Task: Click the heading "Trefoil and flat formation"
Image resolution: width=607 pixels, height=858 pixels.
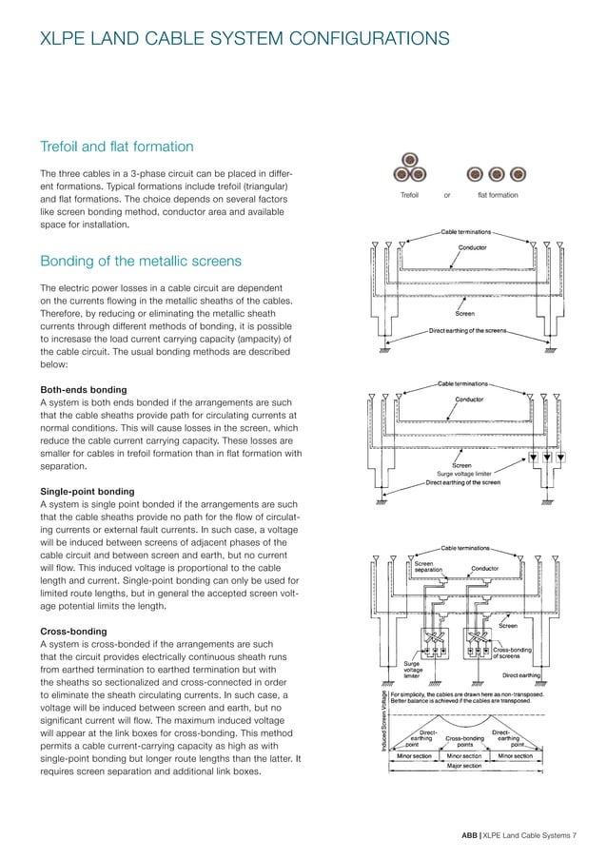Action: click(x=116, y=146)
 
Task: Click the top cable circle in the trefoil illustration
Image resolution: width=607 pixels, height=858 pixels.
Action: click(x=409, y=160)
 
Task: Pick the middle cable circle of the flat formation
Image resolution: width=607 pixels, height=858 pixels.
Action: click(x=496, y=175)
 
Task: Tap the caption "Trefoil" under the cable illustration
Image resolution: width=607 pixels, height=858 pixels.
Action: click(x=409, y=195)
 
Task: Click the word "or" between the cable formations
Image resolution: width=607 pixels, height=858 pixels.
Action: click(x=447, y=195)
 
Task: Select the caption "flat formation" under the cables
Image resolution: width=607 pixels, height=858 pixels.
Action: click(x=498, y=195)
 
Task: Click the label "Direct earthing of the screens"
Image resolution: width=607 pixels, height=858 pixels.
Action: click(x=465, y=331)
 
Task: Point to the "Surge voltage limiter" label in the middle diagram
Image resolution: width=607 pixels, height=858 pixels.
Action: click(x=463, y=473)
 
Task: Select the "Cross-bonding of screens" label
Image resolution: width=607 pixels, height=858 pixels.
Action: click(x=513, y=653)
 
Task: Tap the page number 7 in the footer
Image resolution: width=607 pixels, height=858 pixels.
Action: click(x=575, y=835)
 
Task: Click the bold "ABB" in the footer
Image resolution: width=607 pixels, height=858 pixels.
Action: click(x=470, y=835)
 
